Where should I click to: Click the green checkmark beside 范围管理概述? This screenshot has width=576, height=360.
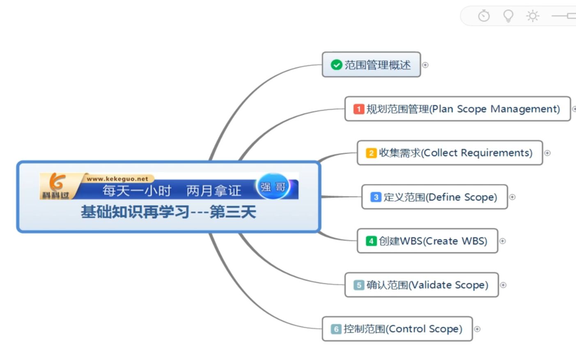pyautogui.click(x=336, y=65)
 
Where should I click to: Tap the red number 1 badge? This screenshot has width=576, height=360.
pyautogui.click(x=359, y=109)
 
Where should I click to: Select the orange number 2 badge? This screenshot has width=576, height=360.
pyautogui.click(x=371, y=153)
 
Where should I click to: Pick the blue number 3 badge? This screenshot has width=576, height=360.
pyautogui.click(x=376, y=197)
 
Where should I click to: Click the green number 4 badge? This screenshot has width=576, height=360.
pyautogui.click(x=371, y=241)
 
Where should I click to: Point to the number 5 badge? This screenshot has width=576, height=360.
pyautogui.click(x=359, y=285)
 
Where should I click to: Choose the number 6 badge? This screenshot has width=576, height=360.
pyautogui.click(x=336, y=329)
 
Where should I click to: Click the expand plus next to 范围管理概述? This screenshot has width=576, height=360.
pyautogui.click(x=425, y=65)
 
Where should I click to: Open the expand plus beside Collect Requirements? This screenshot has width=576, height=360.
pyautogui.click(x=547, y=153)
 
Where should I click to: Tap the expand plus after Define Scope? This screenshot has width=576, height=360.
pyautogui.click(x=512, y=197)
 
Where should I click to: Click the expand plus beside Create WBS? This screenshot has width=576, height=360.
pyautogui.click(x=503, y=241)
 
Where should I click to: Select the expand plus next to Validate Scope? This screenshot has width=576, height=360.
pyautogui.click(x=503, y=285)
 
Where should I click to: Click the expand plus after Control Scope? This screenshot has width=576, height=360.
pyautogui.click(x=477, y=329)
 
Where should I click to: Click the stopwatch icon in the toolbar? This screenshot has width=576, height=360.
pyautogui.click(x=484, y=16)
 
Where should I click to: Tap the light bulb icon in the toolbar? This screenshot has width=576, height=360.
pyautogui.click(x=508, y=16)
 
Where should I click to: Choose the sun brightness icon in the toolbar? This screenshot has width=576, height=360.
pyautogui.click(x=533, y=16)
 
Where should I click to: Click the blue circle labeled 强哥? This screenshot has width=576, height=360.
pyautogui.click(x=273, y=187)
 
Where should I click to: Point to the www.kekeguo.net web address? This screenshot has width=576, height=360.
pyautogui.click(x=117, y=179)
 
